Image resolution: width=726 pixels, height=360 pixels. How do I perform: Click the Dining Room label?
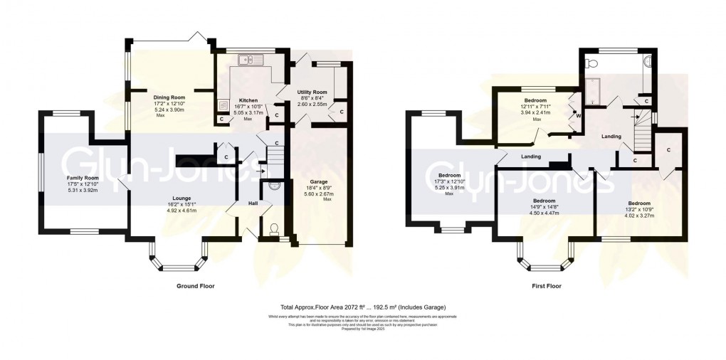(169, 97)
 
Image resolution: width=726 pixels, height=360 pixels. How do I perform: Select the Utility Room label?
(312, 92)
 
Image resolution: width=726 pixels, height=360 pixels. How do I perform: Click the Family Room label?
(83, 177)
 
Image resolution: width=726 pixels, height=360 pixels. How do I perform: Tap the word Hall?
(253, 203)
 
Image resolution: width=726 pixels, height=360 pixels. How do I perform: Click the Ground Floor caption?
(195, 286)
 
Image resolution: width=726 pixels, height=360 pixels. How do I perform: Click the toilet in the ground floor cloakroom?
(274, 229)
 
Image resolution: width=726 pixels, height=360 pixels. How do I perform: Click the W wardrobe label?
(578, 115)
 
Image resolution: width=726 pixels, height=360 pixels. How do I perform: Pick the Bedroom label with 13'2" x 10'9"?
(638, 184)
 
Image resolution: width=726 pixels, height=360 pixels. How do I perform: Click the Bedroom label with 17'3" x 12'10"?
(449, 175)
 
